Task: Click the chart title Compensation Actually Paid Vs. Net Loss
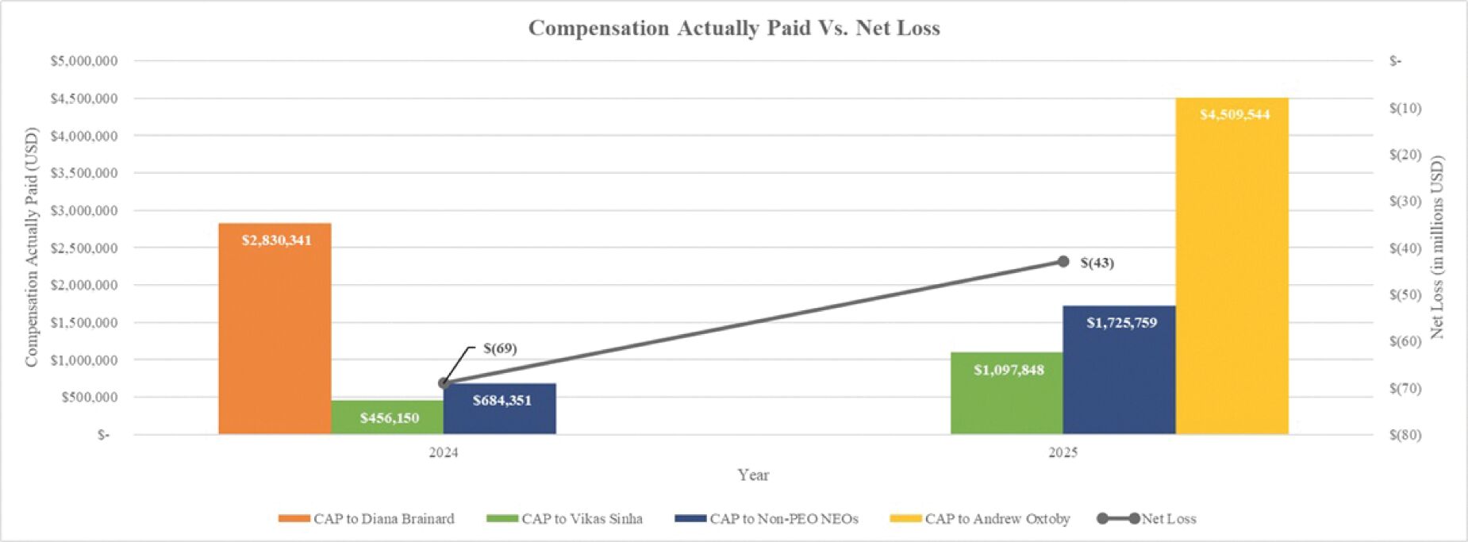pyautogui.click(x=734, y=29)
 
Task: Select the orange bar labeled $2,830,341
pyautogui.click(x=275, y=329)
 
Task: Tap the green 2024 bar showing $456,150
pyautogui.click(x=387, y=417)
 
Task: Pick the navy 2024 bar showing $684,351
pyautogui.click(x=500, y=409)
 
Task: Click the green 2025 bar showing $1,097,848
pyautogui.click(x=1006, y=394)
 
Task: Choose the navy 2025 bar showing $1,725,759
pyautogui.click(x=1119, y=370)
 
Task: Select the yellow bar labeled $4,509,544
pyautogui.click(x=1232, y=266)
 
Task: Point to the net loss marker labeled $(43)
pyautogui.click(x=1063, y=262)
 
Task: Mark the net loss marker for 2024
pyautogui.click(x=444, y=383)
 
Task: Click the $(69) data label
pyautogui.click(x=500, y=348)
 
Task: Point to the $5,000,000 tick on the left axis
pyautogui.click(x=84, y=61)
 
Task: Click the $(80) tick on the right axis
pyautogui.click(x=1405, y=435)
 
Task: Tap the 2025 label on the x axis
pyautogui.click(x=1063, y=453)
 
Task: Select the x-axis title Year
pyautogui.click(x=753, y=475)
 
